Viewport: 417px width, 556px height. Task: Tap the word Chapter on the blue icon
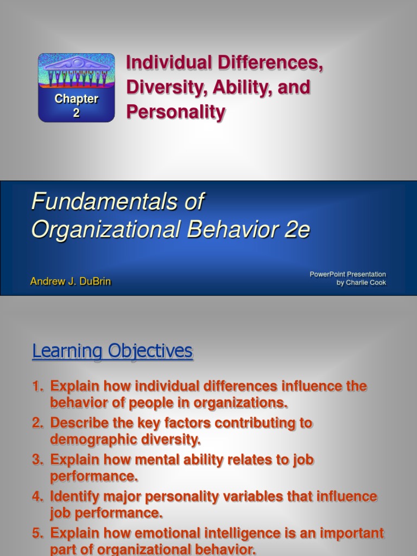(76, 99)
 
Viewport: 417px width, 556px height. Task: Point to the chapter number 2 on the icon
(76, 113)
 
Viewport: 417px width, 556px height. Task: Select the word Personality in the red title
(175, 112)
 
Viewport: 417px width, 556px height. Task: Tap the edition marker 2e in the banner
(296, 230)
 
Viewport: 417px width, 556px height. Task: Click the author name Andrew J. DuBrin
(71, 282)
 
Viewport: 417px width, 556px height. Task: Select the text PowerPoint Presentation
(347, 274)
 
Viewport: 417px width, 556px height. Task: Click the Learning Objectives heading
(112, 351)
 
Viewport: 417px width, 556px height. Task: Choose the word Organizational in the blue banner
(106, 230)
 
